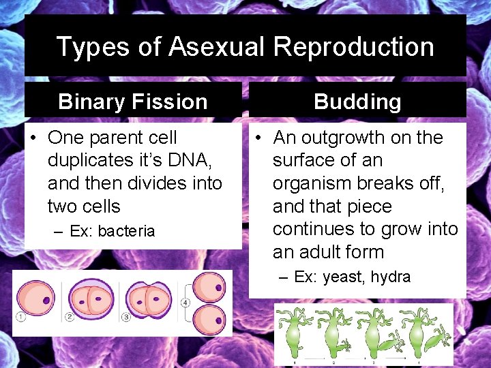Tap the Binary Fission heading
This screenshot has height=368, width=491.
tap(133, 102)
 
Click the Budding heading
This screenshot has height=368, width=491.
tap(357, 102)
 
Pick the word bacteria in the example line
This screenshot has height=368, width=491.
tap(127, 231)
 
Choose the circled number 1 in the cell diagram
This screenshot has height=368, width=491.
tap(21, 316)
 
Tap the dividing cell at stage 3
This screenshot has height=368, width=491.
tap(150, 298)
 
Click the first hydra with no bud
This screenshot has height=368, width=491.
tap(295, 331)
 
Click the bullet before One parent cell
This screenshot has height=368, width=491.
tap(33, 138)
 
